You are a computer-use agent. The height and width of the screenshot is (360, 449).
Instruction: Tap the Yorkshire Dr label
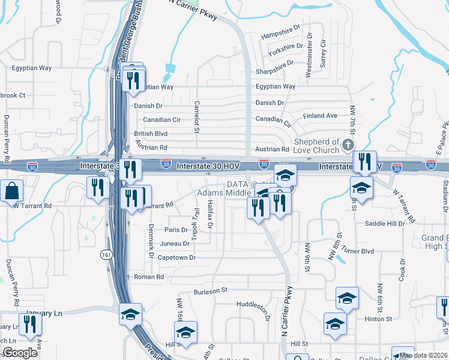click(285, 46)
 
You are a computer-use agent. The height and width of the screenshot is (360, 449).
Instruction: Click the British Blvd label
click(151, 134)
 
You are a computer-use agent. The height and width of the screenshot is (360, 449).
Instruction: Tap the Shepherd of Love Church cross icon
click(347, 145)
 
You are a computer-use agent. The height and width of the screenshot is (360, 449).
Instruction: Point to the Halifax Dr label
click(210, 215)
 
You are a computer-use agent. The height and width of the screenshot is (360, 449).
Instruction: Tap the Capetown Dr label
click(176, 257)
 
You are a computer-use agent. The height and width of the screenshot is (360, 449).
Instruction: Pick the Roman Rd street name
click(149, 277)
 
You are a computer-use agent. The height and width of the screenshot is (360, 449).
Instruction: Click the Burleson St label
click(211, 290)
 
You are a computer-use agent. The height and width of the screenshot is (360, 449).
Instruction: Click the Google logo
click(20, 353)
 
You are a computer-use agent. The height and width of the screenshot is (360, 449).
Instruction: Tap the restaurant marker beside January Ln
click(28, 323)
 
